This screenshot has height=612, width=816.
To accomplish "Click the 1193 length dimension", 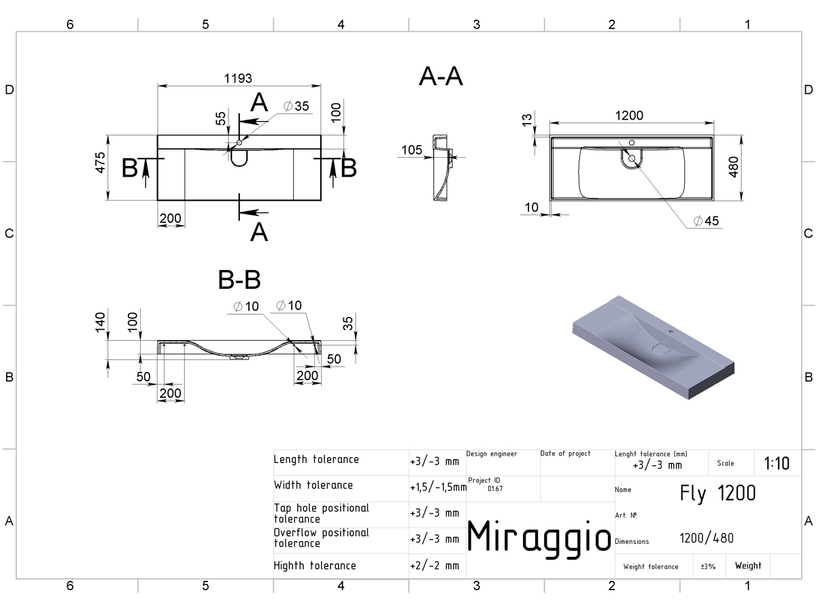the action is [238, 78].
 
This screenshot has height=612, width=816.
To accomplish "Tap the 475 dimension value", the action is [101, 163].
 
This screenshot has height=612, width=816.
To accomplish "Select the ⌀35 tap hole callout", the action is [296, 106].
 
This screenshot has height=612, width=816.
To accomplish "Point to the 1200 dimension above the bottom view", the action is [629, 116].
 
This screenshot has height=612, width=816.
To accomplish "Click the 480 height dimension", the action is [734, 167].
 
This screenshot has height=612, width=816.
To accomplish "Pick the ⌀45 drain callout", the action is [707, 221].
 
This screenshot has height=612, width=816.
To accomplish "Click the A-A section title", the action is [441, 77].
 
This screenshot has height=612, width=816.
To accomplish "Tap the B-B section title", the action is [239, 279].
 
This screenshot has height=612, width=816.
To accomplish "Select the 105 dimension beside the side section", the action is [411, 150].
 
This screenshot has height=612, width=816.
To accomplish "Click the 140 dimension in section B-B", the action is [101, 322].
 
